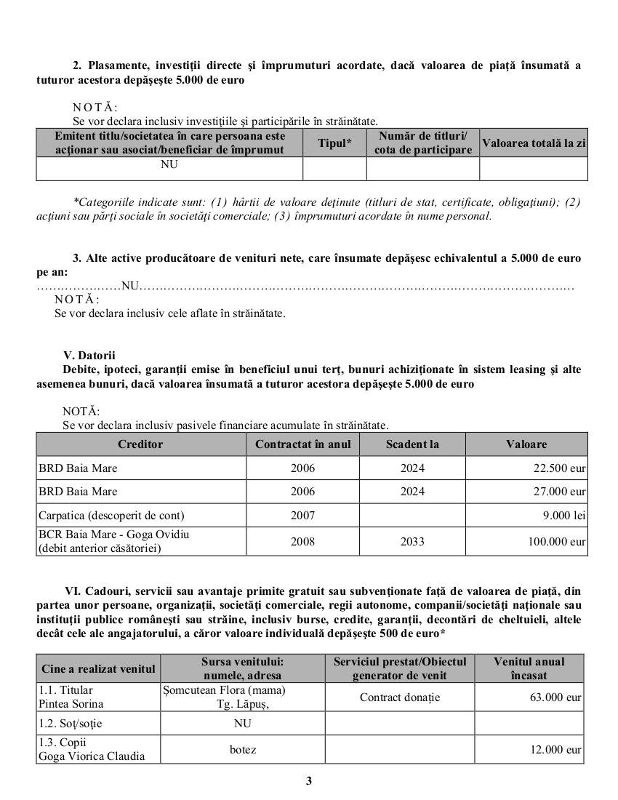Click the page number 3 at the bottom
309,781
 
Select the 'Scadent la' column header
412,444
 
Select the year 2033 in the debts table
412,541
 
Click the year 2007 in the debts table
302,516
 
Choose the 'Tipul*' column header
334,143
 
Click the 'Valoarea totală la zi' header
534,143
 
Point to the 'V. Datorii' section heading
89,356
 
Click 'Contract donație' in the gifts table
400,697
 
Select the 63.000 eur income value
557,697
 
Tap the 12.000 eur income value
557,749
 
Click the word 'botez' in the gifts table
242,749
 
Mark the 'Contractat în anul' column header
302,444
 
